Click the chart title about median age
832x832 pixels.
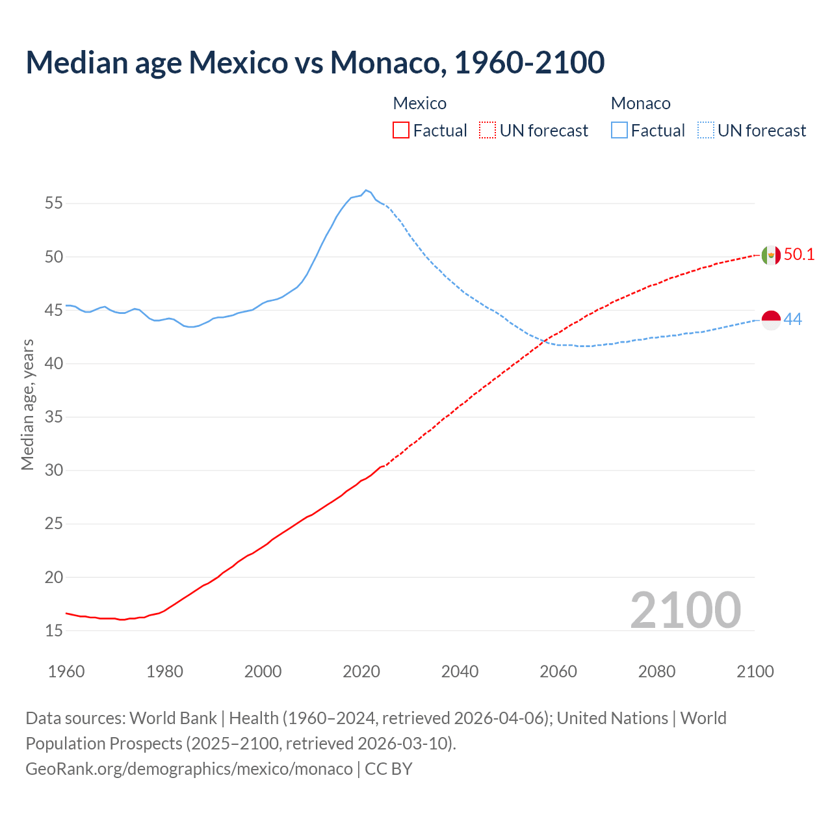pyautogui.click(x=315, y=62)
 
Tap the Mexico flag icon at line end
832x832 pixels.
pyautogui.click(x=770, y=255)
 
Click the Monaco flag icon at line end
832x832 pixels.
pyautogui.click(x=770, y=320)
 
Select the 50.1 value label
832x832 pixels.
pyautogui.click(x=799, y=255)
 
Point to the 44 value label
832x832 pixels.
pyautogui.click(x=792, y=320)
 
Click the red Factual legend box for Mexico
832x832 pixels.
pyautogui.click(x=401, y=131)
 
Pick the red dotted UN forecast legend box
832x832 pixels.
pyautogui.click(x=487, y=131)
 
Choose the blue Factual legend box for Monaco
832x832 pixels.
pyautogui.click(x=619, y=131)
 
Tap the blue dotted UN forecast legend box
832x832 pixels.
pyautogui.click(x=705, y=131)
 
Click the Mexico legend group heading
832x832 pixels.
pyautogui.click(x=420, y=103)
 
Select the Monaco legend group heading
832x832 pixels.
pyautogui.click(x=640, y=103)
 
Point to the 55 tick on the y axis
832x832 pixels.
pyautogui.click(x=54, y=203)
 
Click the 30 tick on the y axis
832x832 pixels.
pyautogui.click(x=54, y=470)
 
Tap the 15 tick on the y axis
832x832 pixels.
pyautogui.click(x=54, y=630)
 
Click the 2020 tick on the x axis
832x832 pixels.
pyautogui.click(x=361, y=671)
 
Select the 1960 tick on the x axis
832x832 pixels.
pyautogui.click(x=66, y=671)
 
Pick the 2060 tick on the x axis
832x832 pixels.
pyautogui.click(x=558, y=671)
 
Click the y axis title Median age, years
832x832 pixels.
pyautogui.click(x=27, y=404)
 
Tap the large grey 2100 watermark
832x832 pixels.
pyautogui.click(x=685, y=610)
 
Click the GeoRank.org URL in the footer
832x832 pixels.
pyautogui.click(x=189, y=769)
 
